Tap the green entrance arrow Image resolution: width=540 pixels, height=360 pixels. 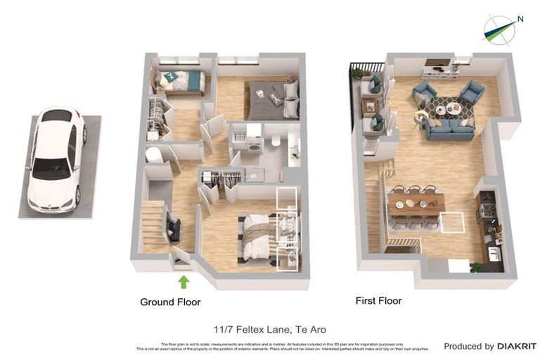[184, 282]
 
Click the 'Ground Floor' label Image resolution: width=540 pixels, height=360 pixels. [170, 302]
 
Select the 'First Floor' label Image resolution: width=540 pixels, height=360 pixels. [379, 301]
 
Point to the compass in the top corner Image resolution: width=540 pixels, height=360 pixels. [499, 30]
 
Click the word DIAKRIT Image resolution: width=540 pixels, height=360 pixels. [517, 346]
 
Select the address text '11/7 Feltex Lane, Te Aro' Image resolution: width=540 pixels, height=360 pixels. [270, 329]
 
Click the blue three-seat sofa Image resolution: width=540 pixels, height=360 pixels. [449, 129]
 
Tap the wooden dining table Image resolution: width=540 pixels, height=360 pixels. [416, 204]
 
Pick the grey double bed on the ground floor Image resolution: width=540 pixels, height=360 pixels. [273, 101]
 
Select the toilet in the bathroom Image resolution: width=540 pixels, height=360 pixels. [276, 142]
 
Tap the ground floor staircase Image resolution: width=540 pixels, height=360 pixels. [154, 225]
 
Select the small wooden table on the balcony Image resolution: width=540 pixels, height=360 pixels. [370, 106]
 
